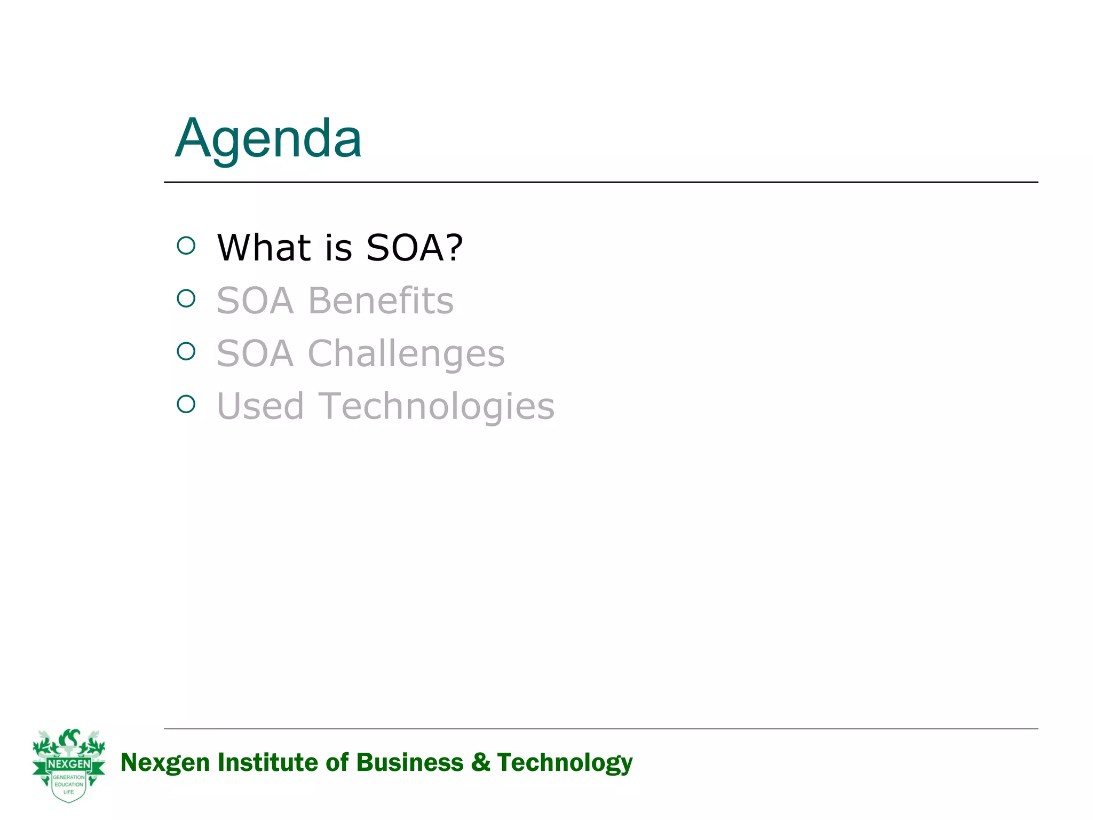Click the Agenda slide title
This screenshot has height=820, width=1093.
click(268, 139)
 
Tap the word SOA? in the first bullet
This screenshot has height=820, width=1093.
click(415, 248)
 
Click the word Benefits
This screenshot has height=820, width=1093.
click(381, 301)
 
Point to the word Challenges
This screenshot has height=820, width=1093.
click(406, 354)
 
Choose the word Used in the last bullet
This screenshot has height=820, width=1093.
click(260, 406)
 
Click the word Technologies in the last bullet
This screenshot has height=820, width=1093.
click(436, 406)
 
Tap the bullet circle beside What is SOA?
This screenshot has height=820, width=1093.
click(186, 246)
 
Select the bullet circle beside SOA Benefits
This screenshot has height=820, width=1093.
click(186, 298)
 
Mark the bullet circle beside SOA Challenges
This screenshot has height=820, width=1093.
click(186, 351)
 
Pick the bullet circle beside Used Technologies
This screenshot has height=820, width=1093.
click(186, 404)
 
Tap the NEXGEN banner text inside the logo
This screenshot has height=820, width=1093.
click(69, 764)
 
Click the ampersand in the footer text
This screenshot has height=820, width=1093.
click(480, 762)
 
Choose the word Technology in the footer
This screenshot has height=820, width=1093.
click(565, 762)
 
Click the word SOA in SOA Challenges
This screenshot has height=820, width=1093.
click(255, 354)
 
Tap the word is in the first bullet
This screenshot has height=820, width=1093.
click(339, 248)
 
